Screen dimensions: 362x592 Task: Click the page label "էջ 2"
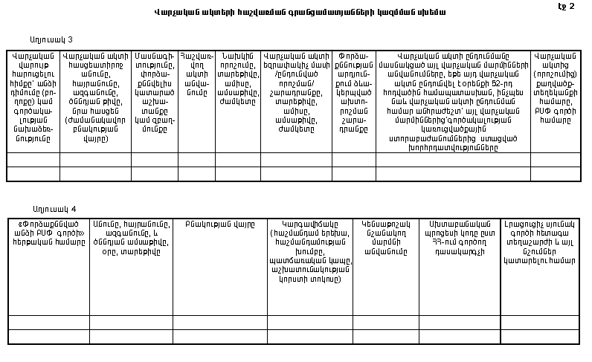[567, 6]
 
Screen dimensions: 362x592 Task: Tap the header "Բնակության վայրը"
[220, 223]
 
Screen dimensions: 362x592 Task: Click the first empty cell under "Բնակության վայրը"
[220, 321]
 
